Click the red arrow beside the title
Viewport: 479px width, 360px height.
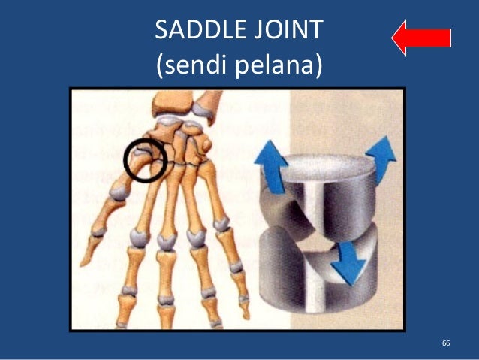coord(421,37)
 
